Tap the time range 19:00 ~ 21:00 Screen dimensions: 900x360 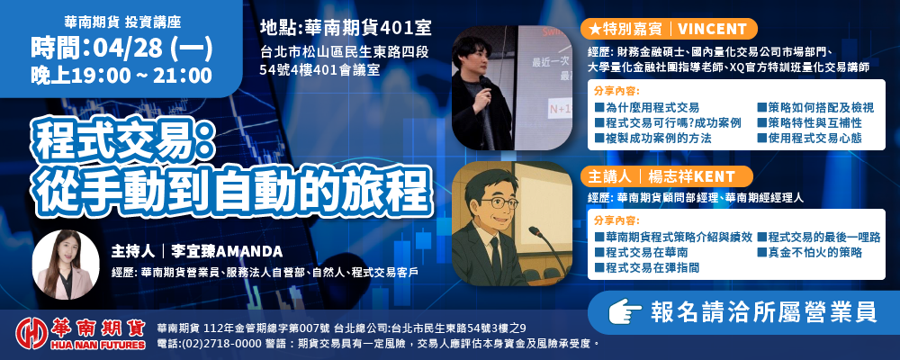[142, 76]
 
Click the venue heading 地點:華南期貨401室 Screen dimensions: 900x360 [346, 28]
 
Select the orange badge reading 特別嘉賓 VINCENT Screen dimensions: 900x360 [669, 29]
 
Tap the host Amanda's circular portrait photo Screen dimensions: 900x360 [66, 264]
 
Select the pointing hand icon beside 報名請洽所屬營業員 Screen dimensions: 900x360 [624, 312]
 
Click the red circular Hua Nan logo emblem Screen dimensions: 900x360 [31, 333]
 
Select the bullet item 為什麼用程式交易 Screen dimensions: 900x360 [647, 107]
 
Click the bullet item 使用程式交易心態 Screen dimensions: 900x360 [810, 138]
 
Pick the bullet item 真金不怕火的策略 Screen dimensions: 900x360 [810, 252]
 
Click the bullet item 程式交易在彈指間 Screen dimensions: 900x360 [647, 267]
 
